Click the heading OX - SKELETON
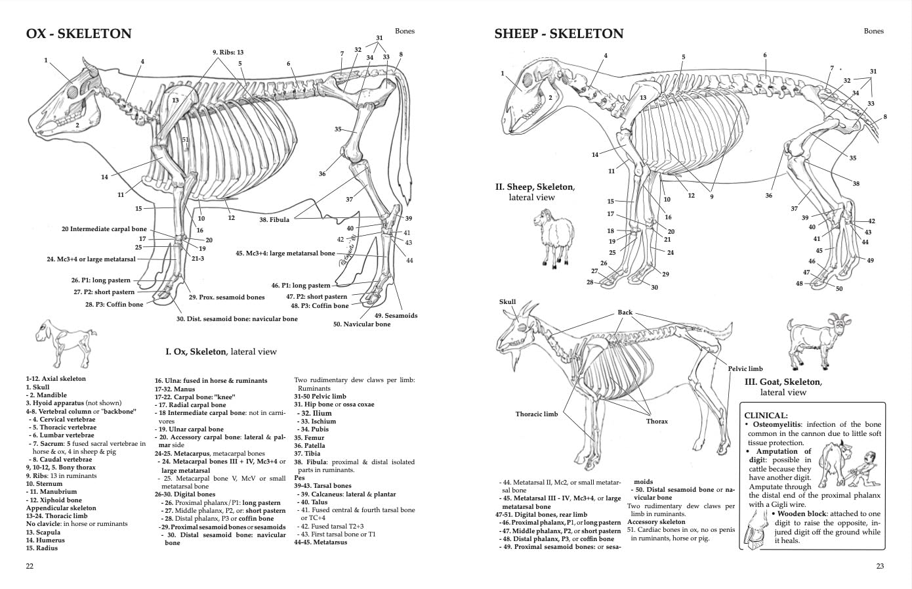point(78,33)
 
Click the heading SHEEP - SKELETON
point(558,33)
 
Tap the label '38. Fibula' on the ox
point(274,219)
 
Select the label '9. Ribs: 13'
point(228,52)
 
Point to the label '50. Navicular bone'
point(362,324)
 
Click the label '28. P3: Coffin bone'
point(114,305)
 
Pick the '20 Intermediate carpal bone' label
point(104,229)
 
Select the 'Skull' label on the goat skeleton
point(508,302)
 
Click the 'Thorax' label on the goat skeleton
point(657,421)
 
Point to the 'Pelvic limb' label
point(745,369)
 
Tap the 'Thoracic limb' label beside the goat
point(536,414)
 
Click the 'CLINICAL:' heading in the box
point(766,415)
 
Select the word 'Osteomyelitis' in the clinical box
point(779,424)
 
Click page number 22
point(30,567)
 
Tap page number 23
point(880,567)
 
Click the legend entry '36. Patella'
point(310,445)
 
